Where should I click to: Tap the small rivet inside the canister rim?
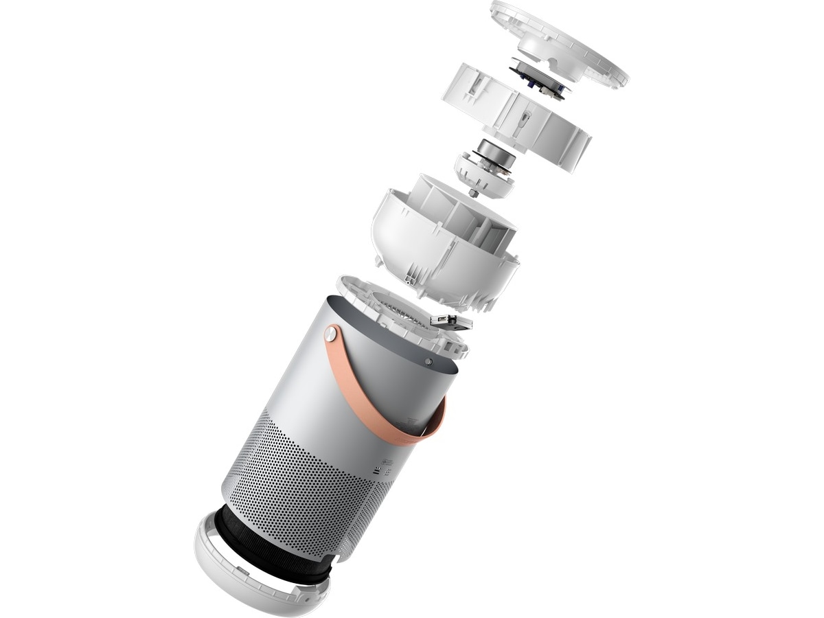click(428, 360)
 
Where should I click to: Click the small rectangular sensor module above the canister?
click(451, 321)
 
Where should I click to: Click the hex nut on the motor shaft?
click(473, 194)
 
